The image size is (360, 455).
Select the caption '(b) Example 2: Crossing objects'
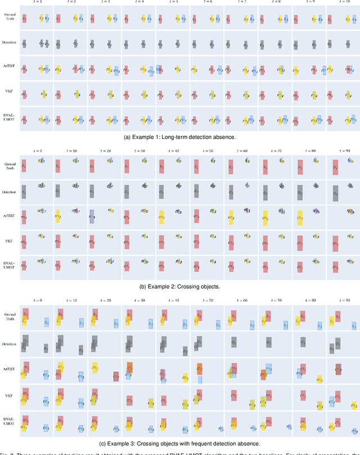[x=180, y=286]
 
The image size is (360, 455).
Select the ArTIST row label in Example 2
[x=9, y=215]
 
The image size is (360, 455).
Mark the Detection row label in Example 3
[x=9, y=344]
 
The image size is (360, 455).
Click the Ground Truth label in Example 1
[x=9, y=18]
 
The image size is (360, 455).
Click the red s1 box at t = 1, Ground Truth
[x=24, y=19]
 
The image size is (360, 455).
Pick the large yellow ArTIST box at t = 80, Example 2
[x=301, y=218]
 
